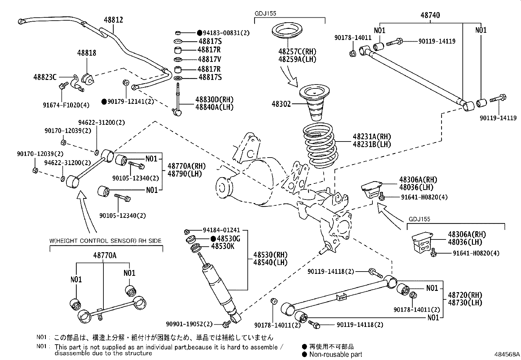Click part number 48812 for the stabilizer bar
click(114, 20)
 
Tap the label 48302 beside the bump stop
click(281, 104)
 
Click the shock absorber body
click(219, 288)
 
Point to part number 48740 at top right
click(430, 15)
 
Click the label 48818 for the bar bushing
click(87, 53)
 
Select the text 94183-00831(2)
click(226, 33)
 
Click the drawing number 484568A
click(507, 354)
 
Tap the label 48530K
click(223, 246)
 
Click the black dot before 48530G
click(213, 239)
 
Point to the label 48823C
click(45, 77)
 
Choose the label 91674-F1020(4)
click(66, 105)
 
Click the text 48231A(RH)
click(372, 137)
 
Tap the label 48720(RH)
click(465, 295)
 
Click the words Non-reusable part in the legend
click(335, 354)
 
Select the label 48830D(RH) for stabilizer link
click(214, 100)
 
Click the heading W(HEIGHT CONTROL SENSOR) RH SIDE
click(105, 241)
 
